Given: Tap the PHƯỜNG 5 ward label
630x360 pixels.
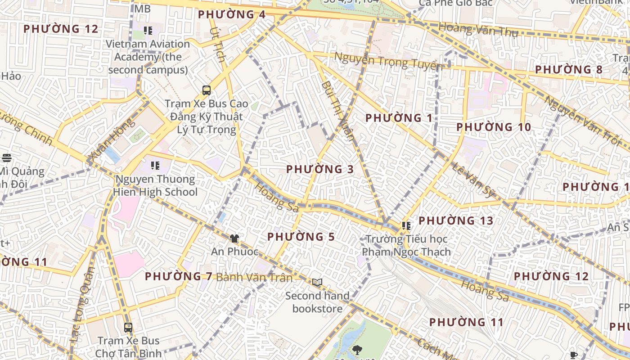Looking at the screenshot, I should tap(301, 237).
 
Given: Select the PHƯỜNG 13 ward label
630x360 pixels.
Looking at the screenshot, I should tap(456, 220).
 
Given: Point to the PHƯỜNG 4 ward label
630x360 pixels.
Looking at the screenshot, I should tap(232, 14).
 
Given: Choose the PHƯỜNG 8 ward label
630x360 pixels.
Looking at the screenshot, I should tap(568, 70).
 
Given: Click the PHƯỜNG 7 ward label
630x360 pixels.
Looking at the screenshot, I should tap(179, 276).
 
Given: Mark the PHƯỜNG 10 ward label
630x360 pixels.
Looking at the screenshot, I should tap(494, 127).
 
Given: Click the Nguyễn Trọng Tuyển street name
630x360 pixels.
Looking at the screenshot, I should tap(388, 61).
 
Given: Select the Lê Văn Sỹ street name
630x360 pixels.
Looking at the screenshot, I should tap(472, 180).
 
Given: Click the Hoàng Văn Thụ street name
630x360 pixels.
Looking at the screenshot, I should tap(478, 30).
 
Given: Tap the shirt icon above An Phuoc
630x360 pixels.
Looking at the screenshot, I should tap(234, 238).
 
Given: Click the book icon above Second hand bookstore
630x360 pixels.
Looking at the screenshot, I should tap(317, 282).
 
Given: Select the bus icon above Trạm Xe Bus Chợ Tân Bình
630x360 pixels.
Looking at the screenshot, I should tap(128, 327).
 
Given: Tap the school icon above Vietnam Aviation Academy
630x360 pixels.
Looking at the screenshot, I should tap(148, 31).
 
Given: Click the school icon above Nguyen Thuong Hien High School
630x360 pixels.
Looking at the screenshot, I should tap(155, 165).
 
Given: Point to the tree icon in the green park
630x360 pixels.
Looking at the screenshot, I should tap(358, 349).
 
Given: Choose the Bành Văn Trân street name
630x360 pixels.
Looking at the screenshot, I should tap(254, 277).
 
